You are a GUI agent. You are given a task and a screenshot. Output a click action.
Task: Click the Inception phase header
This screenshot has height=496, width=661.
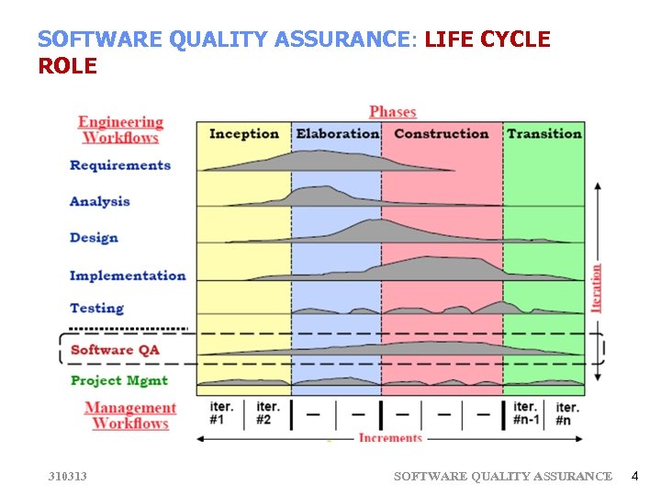coord(244,134)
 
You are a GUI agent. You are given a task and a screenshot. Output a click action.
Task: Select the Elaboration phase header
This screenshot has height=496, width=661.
coord(337,134)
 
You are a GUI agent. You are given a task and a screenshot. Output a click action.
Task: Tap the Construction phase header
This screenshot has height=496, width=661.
coord(442,134)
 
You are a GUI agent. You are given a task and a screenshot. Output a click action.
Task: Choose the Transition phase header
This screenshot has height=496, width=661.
coord(544,134)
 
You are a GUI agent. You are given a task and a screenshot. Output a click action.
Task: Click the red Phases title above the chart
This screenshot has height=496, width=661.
coord(393,112)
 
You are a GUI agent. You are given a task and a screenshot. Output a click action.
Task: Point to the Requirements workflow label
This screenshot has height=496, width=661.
coord(120,165)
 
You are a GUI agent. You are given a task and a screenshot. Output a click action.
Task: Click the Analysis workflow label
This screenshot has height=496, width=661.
coord(100,201)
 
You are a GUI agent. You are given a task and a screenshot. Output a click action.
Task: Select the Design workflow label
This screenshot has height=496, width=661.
coord(95,238)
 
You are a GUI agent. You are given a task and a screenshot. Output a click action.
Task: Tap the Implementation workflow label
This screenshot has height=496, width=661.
coord(128,276)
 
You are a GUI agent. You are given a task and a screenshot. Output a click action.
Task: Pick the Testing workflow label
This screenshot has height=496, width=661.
coord(96,309)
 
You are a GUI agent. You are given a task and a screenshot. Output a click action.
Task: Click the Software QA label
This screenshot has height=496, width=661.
coord(115,350)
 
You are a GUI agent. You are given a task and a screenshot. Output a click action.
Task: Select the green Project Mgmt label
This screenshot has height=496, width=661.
coord(119,380)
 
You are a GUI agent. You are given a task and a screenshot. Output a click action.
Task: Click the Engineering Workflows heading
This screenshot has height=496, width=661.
coord(120,130)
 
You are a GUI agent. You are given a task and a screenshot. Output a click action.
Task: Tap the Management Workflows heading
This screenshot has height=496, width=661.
coord(130,415)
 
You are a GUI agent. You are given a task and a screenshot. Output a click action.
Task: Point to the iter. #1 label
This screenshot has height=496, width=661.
coord(221,413)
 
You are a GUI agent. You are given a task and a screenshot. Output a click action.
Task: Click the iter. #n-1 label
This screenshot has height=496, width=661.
coord(526,413)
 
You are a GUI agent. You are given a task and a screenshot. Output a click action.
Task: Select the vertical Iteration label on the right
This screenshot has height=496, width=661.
coord(597,287)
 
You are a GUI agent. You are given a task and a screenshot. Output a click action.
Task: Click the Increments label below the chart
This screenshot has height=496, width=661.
coord(390,438)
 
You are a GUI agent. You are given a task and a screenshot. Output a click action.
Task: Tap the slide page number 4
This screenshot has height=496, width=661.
coord(633,476)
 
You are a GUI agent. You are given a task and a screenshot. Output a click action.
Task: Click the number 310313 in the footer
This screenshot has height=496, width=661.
coord(68,476)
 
